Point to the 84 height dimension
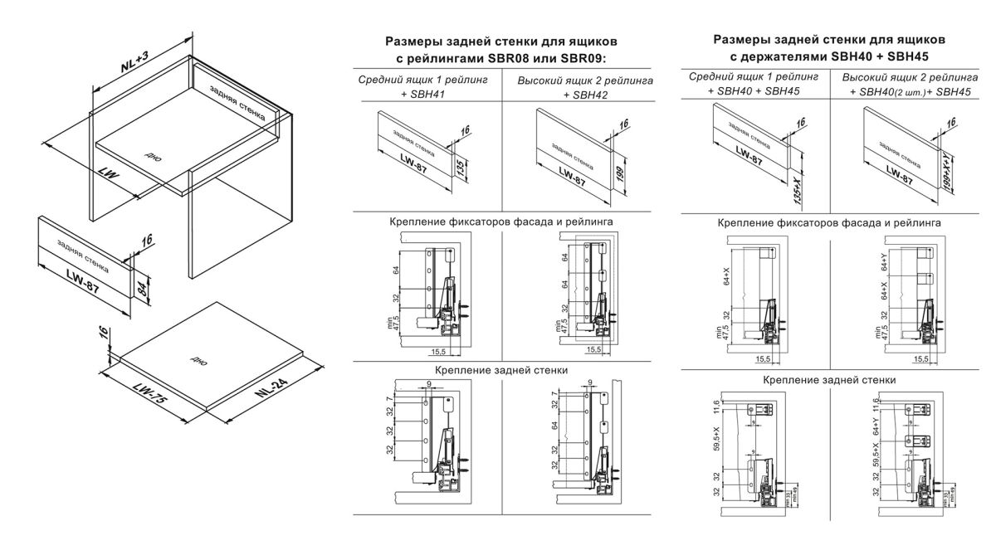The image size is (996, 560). click(x=143, y=288)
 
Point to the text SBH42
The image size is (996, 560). click(x=585, y=95)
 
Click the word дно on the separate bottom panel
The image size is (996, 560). click(x=198, y=363)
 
